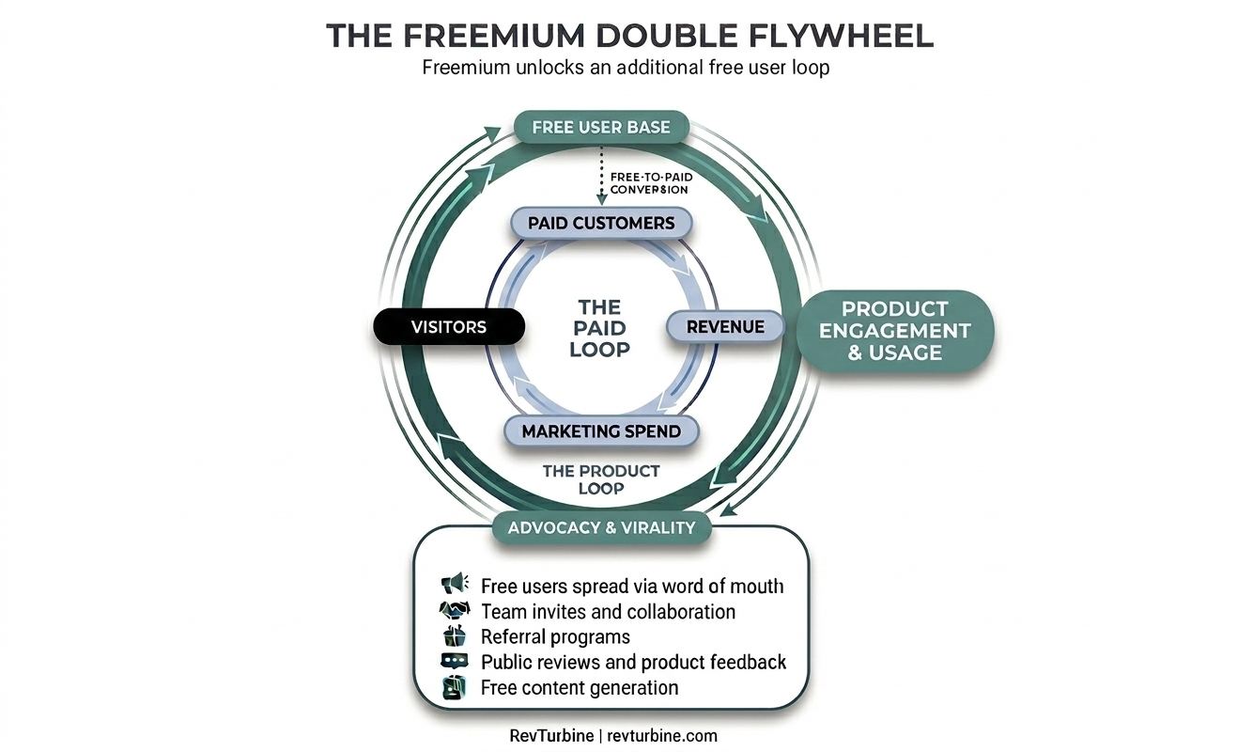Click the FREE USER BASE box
[x=601, y=127]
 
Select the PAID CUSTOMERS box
[x=601, y=223]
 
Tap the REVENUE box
[x=725, y=327]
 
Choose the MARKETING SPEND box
[x=601, y=431]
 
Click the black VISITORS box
[x=449, y=327]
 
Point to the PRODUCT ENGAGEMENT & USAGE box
[x=893, y=330]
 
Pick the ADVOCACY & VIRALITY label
[x=601, y=527]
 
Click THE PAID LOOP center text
[x=599, y=328]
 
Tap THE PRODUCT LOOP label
[x=601, y=479]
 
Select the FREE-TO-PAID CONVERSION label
[x=650, y=182]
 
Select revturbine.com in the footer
[x=664, y=736]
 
